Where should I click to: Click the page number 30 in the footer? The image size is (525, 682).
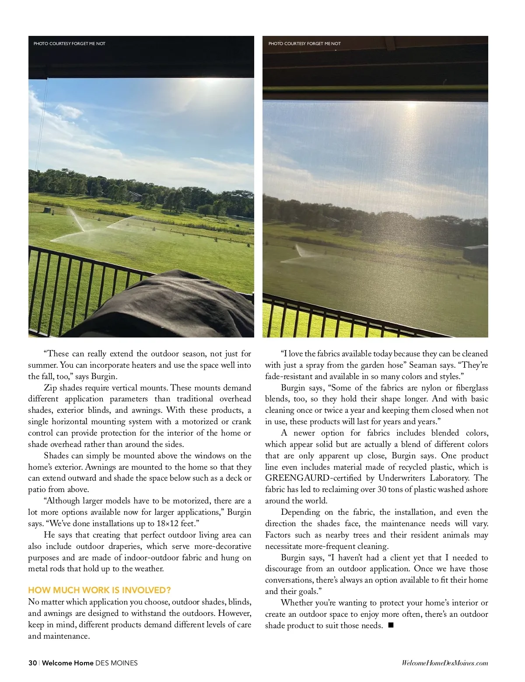(x=32, y=663)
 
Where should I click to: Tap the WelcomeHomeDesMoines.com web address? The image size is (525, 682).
(x=444, y=663)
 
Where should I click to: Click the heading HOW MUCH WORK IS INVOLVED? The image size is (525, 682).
(x=99, y=590)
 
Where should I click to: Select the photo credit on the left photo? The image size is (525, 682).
(x=70, y=43)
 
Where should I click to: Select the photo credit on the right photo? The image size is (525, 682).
(x=304, y=43)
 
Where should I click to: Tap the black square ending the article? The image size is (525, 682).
(x=391, y=625)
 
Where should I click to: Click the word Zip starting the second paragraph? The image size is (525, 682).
(x=50, y=388)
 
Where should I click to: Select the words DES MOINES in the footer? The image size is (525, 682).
(x=116, y=663)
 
